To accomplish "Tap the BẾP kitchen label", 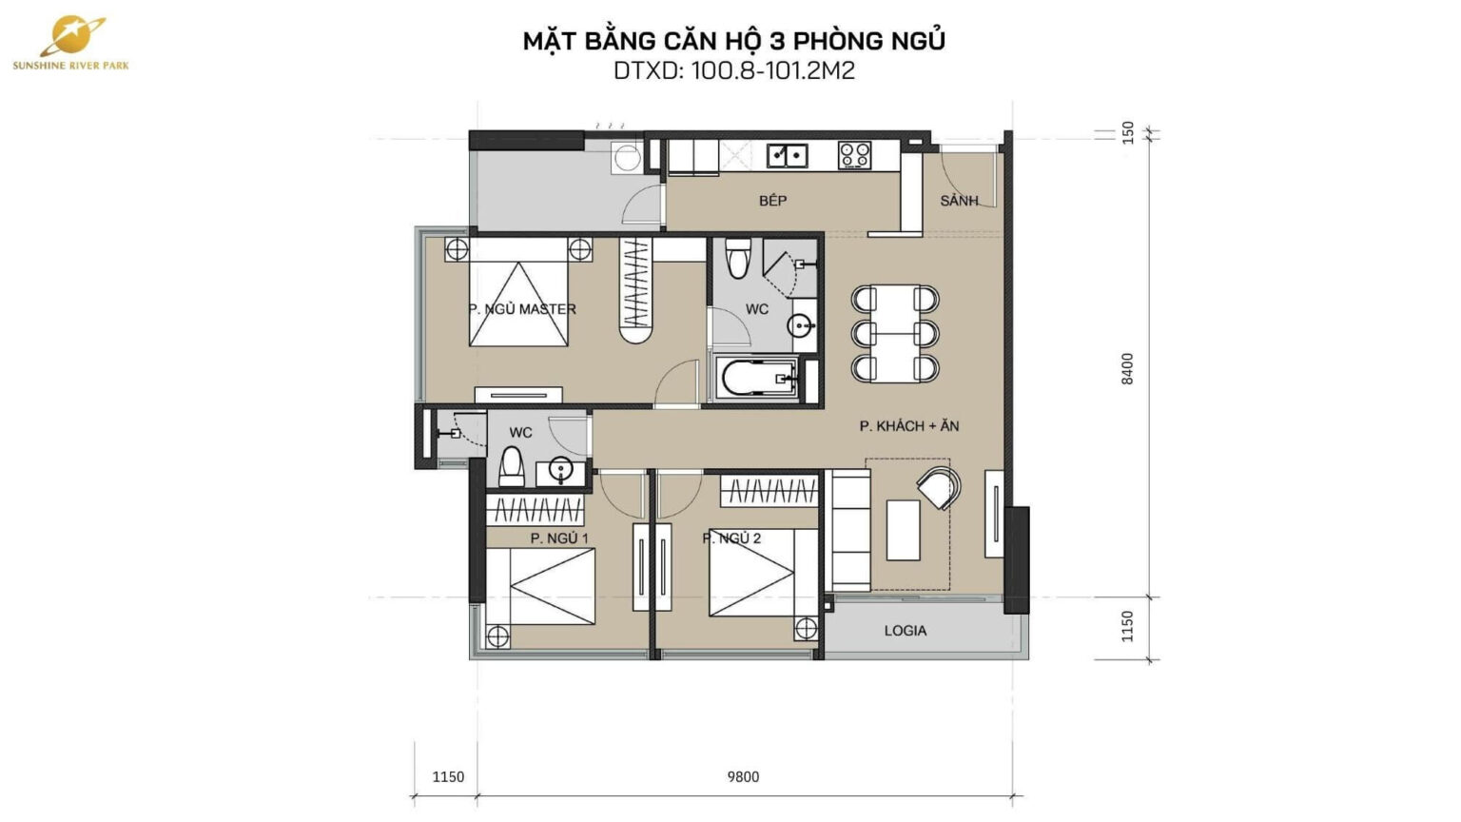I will click(772, 201).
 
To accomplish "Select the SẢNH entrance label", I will click(959, 201).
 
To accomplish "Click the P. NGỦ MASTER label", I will click(522, 309).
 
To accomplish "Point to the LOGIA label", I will click(905, 630).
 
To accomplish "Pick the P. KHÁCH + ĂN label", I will click(909, 426).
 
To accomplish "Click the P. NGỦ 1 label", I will click(559, 538).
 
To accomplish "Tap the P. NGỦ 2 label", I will click(731, 538).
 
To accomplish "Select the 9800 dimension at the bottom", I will click(743, 776).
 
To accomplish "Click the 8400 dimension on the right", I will click(1128, 368).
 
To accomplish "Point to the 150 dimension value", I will click(1128, 130).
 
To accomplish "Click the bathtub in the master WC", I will click(758, 379).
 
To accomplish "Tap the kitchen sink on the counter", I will click(788, 154).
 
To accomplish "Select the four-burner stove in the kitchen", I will click(854, 155).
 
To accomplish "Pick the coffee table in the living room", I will click(903, 530).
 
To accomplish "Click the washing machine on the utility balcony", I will click(627, 157).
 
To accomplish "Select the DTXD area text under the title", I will click(733, 70).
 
